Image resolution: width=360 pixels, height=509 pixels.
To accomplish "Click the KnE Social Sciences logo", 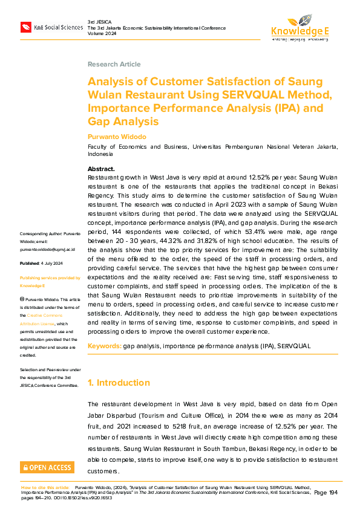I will click(51, 27).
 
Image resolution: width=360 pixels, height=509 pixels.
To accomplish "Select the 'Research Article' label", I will click(114, 64).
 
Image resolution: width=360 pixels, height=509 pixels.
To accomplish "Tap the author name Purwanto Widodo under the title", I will click(117, 137).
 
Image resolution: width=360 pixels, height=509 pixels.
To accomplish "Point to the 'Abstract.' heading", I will click(101, 169).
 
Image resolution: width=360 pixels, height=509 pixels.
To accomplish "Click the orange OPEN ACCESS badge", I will click(48, 467).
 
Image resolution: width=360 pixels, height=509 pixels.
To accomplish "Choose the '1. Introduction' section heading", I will click(119, 383).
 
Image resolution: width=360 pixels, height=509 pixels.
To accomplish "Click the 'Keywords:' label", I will click(104, 346).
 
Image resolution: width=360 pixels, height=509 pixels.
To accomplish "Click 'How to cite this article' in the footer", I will click(46, 487).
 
